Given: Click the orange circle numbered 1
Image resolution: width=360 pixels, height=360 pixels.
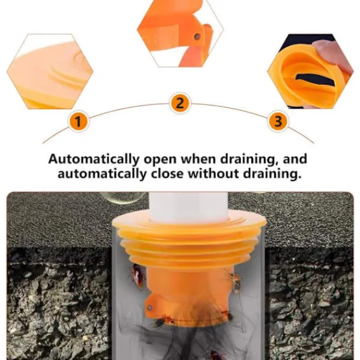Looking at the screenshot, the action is point(78,121).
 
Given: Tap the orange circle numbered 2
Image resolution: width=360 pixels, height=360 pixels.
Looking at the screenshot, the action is point(180,103).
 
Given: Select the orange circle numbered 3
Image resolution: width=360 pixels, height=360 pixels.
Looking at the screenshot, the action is point(278,121).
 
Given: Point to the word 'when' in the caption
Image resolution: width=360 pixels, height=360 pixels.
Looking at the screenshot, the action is point(199,159).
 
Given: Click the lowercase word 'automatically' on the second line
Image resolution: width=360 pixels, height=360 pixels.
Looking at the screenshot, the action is point(102,174).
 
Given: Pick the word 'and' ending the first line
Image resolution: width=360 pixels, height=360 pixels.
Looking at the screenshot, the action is point(295,159).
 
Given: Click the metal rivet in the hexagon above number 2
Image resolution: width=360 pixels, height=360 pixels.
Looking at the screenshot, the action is point(197,36).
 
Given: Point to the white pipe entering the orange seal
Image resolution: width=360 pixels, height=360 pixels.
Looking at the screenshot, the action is point(188,207).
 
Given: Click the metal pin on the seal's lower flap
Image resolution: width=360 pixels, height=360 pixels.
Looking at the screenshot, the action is point(149,307).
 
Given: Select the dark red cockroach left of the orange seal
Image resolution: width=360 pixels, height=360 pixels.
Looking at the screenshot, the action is point(137,275).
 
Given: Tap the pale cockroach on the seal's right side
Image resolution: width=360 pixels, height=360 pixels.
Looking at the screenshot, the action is point(236,282).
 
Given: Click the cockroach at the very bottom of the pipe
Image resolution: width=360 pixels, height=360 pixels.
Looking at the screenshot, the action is point(216,355).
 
